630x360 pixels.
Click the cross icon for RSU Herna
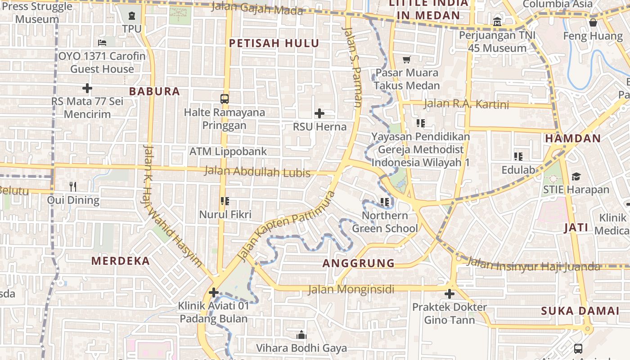pos(319,113)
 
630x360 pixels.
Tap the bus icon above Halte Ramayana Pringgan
pos(225,99)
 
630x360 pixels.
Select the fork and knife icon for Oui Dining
pos(73,186)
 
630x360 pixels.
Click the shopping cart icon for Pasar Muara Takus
pos(407,59)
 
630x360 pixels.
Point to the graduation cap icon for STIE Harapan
pos(576,176)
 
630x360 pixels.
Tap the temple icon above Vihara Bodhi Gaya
pos(301,335)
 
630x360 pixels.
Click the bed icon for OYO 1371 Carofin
pos(102,43)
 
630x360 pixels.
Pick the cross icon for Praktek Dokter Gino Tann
pos(449,294)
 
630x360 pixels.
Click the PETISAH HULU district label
pos(274,44)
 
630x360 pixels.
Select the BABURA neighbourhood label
pos(154,91)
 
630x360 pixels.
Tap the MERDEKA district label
pos(121,261)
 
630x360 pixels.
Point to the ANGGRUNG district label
pos(359,263)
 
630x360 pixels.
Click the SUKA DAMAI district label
pos(580,311)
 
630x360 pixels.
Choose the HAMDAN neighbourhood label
pos(573,139)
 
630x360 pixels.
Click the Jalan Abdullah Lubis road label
pos(257,171)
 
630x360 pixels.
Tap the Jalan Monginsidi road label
pos(351,289)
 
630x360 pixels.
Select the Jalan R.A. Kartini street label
pos(466,104)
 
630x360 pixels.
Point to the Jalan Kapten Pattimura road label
pos(286,226)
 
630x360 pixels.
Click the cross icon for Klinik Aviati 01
pos(214,293)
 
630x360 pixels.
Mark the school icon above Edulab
pos(518,157)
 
